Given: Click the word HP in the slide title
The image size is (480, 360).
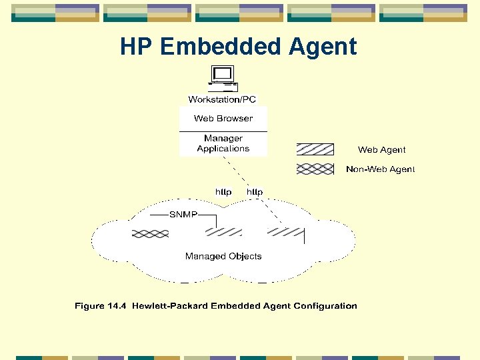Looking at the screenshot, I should (x=137, y=47).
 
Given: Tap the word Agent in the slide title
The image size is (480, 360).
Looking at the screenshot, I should (x=325, y=47).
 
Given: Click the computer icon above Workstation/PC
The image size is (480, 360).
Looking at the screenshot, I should (x=223, y=79).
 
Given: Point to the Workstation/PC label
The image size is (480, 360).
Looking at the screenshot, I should (x=222, y=99).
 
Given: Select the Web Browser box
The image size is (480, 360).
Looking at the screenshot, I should (x=223, y=119).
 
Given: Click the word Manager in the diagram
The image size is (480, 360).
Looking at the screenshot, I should (x=223, y=139).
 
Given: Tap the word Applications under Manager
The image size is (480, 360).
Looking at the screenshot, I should (x=223, y=149).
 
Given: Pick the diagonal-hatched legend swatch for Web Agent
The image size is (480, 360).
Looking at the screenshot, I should (x=315, y=149).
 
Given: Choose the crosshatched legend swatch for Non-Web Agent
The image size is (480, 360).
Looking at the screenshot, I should (x=315, y=169).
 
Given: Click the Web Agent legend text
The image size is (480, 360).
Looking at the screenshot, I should (x=381, y=150).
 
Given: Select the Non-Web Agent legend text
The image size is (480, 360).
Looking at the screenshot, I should (x=380, y=169).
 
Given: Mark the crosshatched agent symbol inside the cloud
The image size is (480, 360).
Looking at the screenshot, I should (x=150, y=233).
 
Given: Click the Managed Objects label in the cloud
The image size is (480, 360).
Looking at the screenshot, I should (x=223, y=256).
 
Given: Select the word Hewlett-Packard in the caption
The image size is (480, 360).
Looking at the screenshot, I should (x=170, y=306).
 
